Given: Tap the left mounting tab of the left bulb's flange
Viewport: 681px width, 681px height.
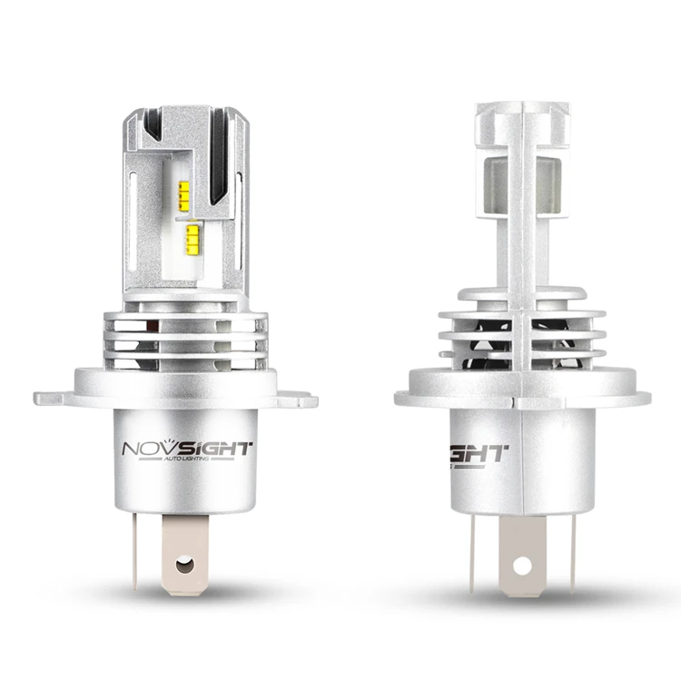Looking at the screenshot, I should [x=52, y=398].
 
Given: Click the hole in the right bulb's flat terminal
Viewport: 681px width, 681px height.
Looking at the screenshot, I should [x=520, y=564].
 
